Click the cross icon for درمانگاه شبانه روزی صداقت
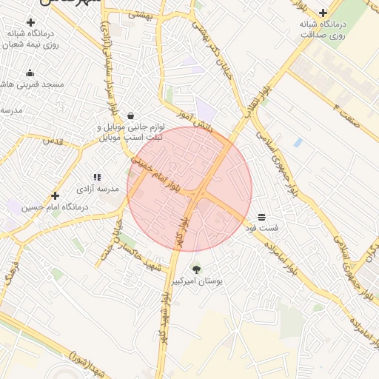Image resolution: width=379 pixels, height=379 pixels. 323,13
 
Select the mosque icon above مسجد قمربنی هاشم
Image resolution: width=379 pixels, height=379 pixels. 30,73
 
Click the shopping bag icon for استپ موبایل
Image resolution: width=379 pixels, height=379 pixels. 130,115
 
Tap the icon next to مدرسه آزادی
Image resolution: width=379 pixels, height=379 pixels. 97,177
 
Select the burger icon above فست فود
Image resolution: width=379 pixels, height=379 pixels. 262,217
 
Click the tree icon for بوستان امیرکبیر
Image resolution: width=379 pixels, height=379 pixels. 196,269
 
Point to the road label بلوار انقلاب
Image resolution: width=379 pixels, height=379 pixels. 255,102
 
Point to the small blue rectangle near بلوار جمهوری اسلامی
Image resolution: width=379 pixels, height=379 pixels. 298,141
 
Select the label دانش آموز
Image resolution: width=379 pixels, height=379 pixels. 195,121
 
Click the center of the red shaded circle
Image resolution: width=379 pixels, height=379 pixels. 189,189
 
